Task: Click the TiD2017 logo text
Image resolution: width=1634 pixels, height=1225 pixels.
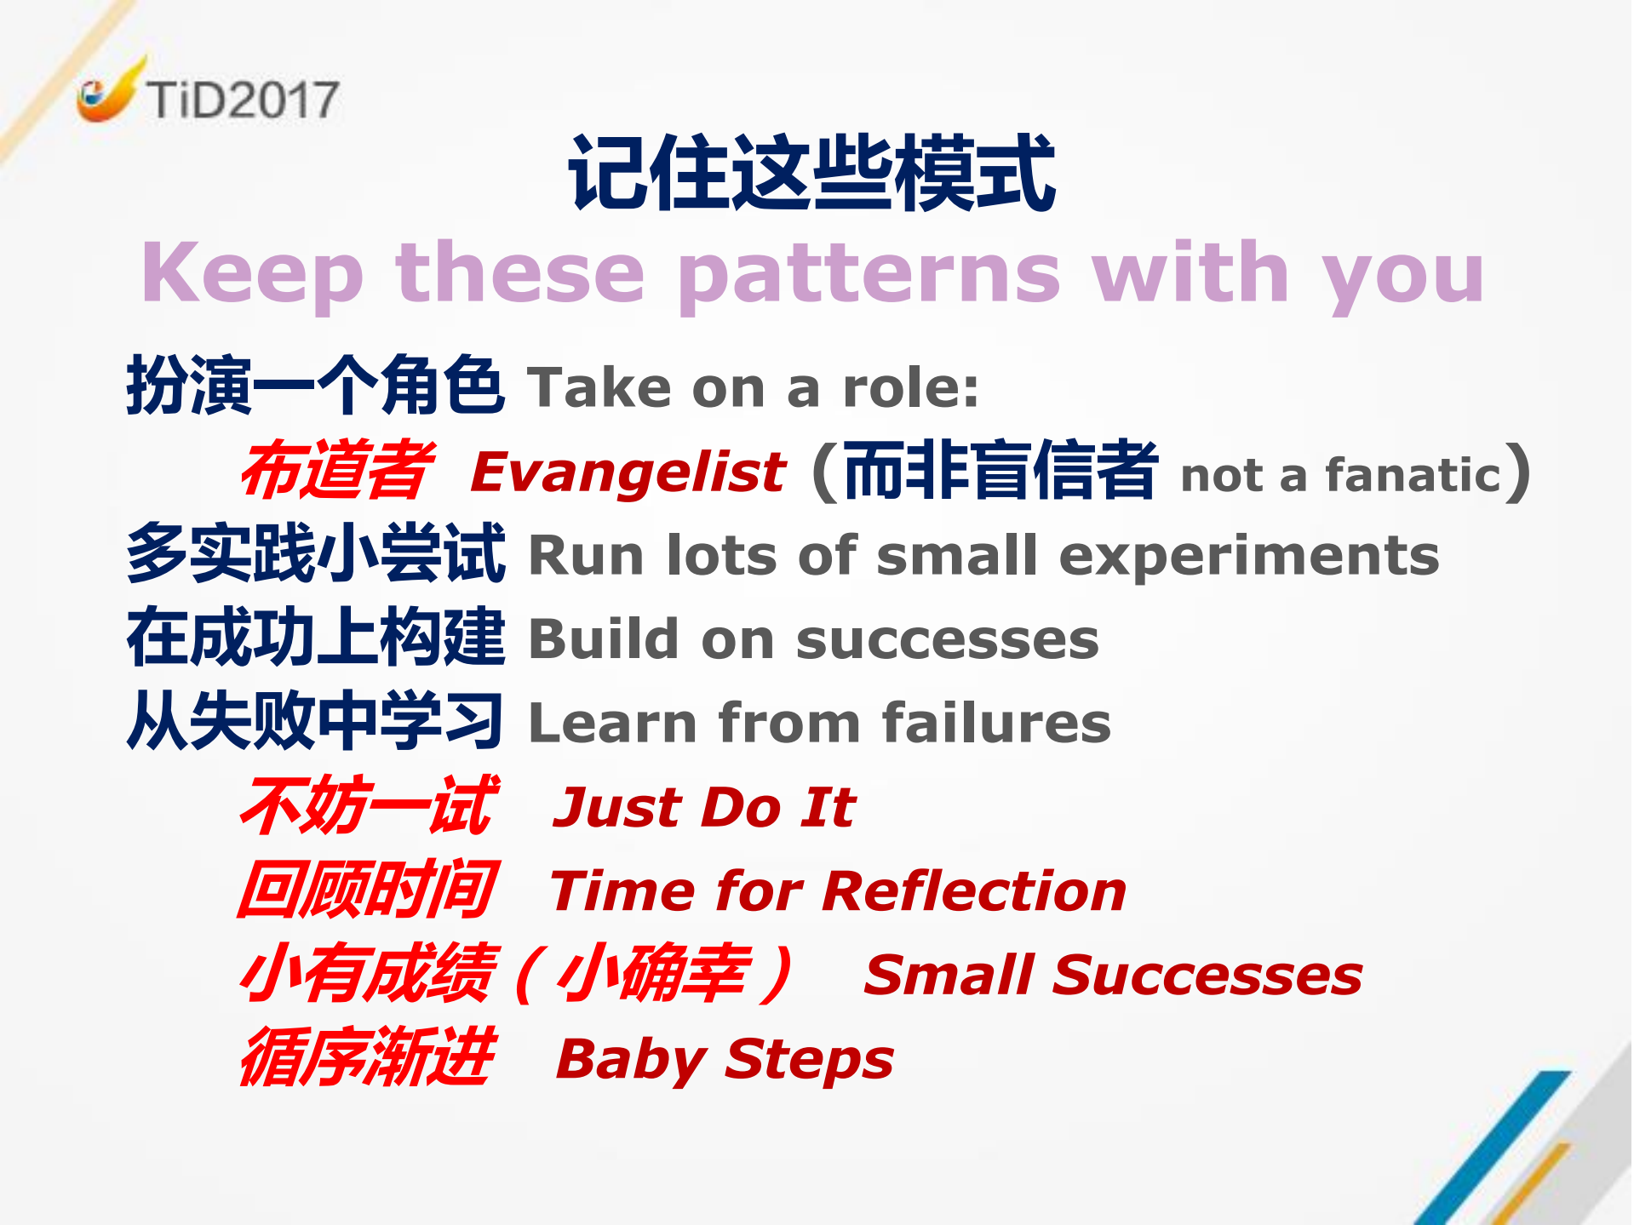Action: pyautogui.click(x=242, y=100)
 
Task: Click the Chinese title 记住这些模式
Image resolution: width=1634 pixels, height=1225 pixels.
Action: pyautogui.click(x=812, y=174)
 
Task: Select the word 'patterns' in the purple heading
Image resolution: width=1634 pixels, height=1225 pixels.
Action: pyautogui.click(x=869, y=274)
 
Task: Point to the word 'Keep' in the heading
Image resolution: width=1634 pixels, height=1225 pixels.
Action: pyautogui.click(x=252, y=274)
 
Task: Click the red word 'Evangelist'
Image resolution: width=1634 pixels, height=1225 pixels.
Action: pyautogui.click(x=628, y=472)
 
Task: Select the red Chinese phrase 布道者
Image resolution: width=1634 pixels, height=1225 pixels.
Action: pyautogui.click(x=336, y=471)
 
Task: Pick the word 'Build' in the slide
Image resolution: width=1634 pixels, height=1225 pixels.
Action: pyautogui.click(x=604, y=639)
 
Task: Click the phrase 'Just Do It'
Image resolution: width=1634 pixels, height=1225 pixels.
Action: pyautogui.click(x=704, y=807)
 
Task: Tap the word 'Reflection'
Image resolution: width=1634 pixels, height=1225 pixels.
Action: pyautogui.click(x=974, y=891)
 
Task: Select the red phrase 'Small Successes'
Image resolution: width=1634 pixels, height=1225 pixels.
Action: pyautogui.click(x=1112, y=975)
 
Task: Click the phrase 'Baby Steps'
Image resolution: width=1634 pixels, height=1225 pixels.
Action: pyautogui.click(x=725, y=1059)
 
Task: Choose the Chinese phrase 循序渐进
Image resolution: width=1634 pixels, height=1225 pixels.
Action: pyautogui.click(x=367, y=1057)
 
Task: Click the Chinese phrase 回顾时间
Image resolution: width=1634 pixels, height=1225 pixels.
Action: pyautogui.click(x=367, y=890)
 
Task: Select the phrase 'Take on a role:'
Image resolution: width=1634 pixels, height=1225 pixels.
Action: pyautogui.click(x=753, y=388)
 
